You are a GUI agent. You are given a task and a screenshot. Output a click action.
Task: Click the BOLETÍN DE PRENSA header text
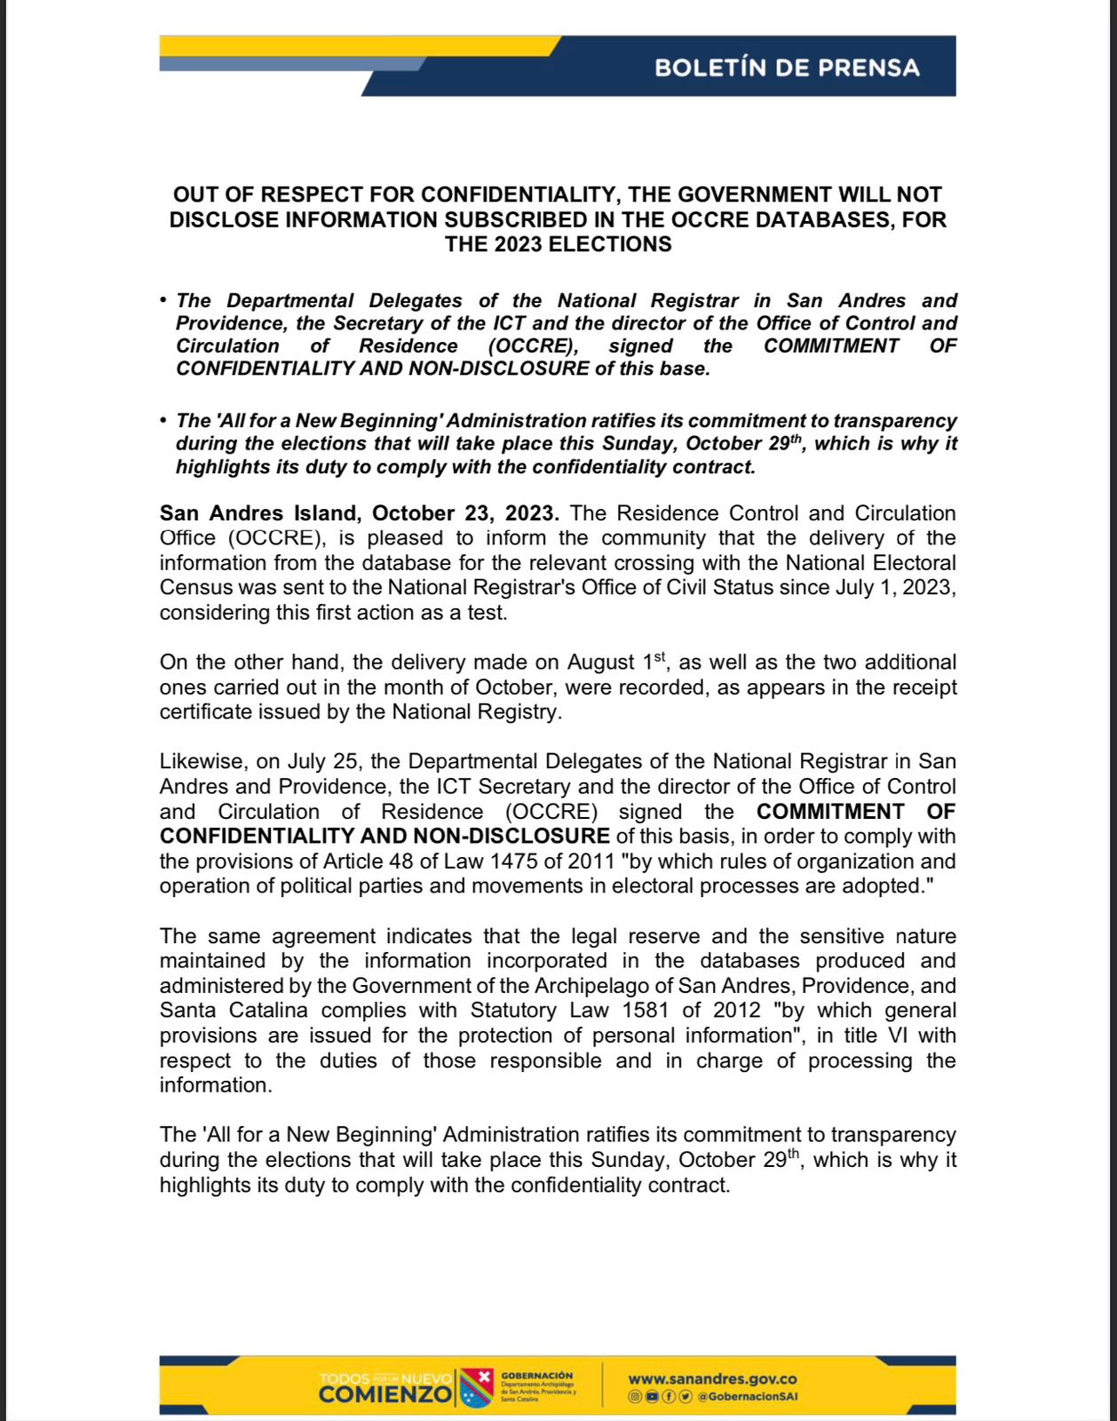tap(787, 67)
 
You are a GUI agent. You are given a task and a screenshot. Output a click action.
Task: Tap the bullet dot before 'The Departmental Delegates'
tap(163, 300)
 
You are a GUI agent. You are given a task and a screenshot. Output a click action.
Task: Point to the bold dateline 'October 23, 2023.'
tap(465, 513)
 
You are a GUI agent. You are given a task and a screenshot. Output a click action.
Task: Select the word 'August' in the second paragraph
tap(601, 663)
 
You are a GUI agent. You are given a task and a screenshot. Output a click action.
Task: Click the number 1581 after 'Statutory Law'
tap(647, 1010)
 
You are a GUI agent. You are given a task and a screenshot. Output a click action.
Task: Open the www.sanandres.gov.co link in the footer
tap(712, 1379)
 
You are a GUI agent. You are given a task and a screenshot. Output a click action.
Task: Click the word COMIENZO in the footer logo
tap(384, 1394)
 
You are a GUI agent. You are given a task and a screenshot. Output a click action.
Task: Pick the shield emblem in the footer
tap(477, 1387)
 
